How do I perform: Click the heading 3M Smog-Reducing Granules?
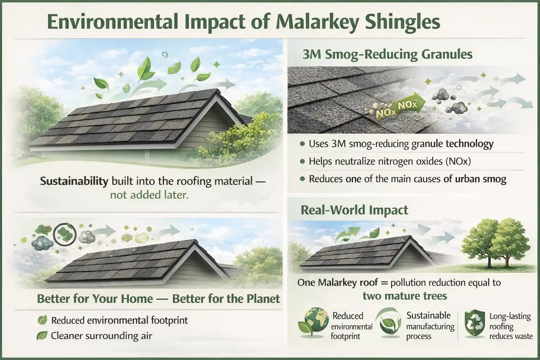(x=387, y=54)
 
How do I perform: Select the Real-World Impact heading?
(x=354, y=210)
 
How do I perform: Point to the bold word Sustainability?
(x=74, y=181)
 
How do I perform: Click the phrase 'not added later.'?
(x=149, y=195)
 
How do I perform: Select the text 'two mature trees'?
(x=405, y=296)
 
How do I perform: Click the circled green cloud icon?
(x=65, y=232)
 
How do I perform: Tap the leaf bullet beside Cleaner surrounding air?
(x=42, y=336)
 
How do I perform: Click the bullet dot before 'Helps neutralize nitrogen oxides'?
(x=302, y=161)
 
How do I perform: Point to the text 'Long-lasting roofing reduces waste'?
(x=510, y=326)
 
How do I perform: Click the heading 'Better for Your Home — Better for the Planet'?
(x=158, y=299)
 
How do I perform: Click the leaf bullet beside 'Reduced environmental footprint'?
(x=42, y=320)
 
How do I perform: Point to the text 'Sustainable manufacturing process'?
(x=430, y=326)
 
